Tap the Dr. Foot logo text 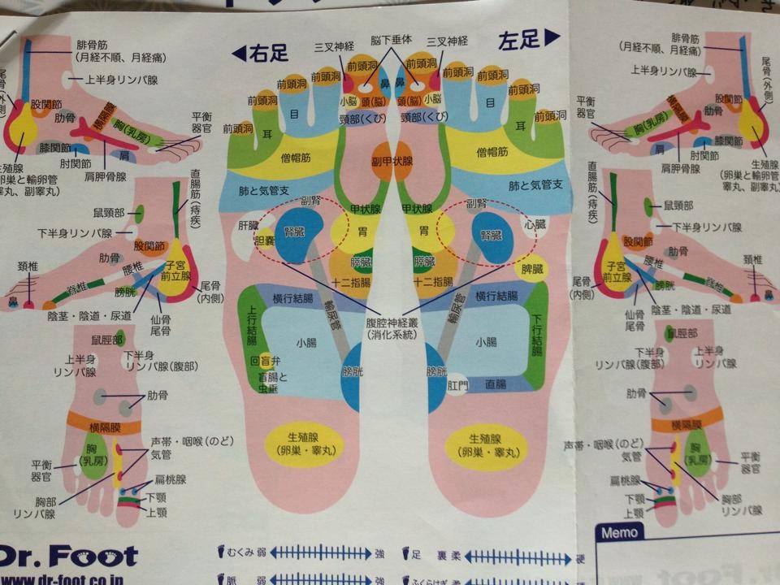[68, 556]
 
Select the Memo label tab [621, 533]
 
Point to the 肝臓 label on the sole [248, 224]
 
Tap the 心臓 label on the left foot [532, 222]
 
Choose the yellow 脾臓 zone [531, 267]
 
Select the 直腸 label [495, 383]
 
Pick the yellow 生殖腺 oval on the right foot [305, 444]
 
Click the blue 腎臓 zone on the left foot [490, 236]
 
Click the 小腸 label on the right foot [306, 342]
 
